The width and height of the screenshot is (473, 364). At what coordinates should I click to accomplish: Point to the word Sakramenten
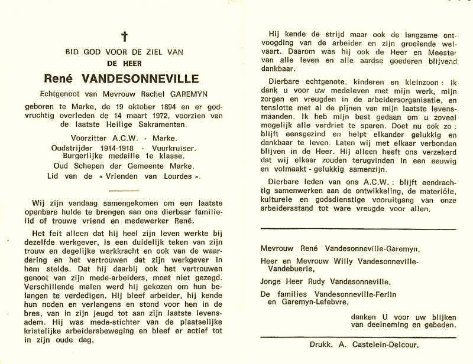[164, 125]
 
